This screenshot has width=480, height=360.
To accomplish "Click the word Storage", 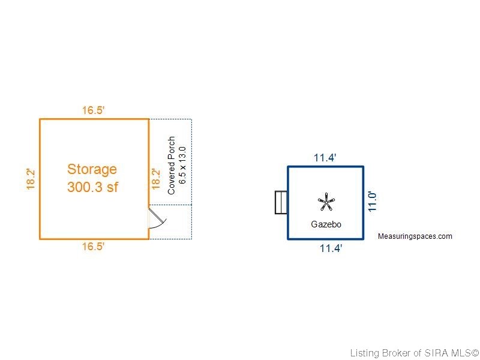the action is [x=92, y=170].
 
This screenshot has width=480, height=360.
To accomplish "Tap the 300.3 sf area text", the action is [x=92, y=187].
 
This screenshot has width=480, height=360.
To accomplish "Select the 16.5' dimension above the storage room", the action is [x=94, y=110].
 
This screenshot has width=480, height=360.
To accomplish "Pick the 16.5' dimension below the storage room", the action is [x=94, y=246].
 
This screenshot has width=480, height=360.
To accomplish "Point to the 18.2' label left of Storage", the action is [x=31, y=179].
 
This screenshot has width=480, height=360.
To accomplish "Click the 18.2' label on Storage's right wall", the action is [x=156, y=179].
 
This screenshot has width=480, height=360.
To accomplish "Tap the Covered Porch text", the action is [x=172, y=166].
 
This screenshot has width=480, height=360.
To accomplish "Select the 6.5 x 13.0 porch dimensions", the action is [x=182, y=166].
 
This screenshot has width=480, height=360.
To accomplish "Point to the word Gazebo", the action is [x=326, y=224].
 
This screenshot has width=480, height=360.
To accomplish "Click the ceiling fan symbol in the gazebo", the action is [x=326, y=202].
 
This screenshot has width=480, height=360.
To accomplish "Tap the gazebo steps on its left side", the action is [x=281, y=202].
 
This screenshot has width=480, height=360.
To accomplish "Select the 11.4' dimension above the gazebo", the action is [x=325, y=158].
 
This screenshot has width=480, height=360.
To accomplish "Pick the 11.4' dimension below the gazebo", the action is [x=331, y=248].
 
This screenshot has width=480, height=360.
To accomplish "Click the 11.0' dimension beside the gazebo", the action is [x=372, y=202].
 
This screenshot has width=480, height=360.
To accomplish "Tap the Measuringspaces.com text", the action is [x=415, y=236].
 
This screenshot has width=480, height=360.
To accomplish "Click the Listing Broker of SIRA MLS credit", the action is [x=415, y=353].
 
